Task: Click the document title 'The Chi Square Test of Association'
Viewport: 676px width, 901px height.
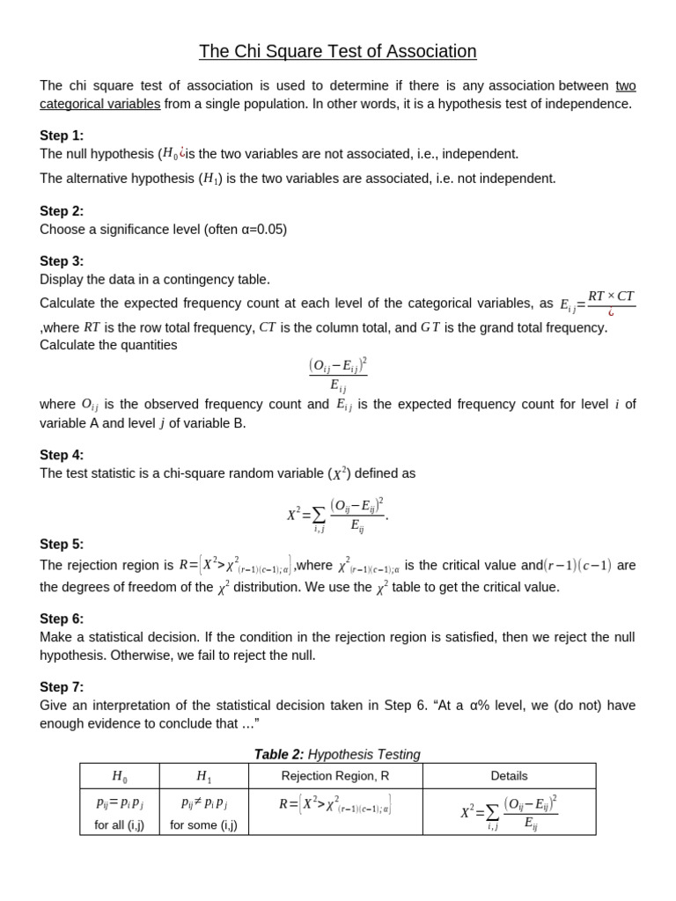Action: [337, 52]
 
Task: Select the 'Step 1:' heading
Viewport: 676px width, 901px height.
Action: [62, 136]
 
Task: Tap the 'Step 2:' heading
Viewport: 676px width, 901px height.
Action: [62, 211]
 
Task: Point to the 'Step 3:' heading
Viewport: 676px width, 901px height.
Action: [62, 261]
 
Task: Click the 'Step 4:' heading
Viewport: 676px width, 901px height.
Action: [62, 455]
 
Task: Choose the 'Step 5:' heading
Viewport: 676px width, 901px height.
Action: [62, 545]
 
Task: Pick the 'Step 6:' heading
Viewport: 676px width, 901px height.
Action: [62, 619]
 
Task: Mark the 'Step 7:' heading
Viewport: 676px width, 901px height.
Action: [62, 687]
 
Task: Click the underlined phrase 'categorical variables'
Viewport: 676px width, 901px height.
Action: [100, 104]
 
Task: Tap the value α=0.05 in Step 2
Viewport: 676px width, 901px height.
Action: [258, 230]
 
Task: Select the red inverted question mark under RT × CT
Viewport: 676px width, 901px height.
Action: [611, 312]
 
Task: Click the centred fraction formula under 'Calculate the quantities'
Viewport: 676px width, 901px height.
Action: [337, 374]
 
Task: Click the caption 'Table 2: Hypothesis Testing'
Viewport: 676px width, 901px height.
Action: [337, 754]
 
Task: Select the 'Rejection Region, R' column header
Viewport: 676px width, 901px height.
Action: [334, 776]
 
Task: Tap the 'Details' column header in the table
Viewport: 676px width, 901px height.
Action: [509, 776]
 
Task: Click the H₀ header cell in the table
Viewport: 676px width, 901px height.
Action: [119, 776]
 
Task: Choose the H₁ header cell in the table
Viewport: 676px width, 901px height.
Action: [203, 776]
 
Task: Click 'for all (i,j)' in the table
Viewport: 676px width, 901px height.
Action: [119, 825]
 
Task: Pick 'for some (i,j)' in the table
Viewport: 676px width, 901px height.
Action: [203, 825]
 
